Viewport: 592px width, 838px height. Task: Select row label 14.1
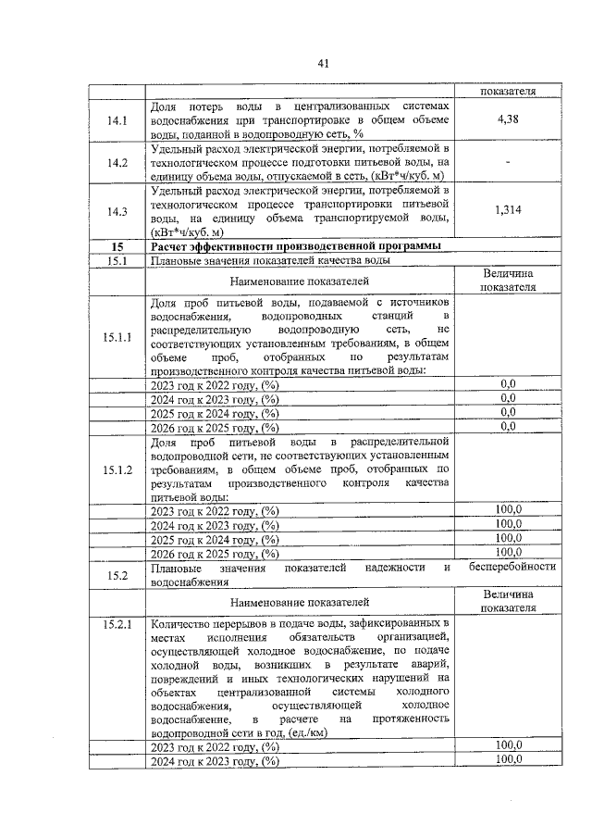click(117, 120)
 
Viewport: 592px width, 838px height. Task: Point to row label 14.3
click(117, 211)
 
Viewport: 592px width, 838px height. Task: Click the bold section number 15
click(117, 246)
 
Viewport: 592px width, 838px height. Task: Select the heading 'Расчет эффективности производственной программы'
click(295, 246)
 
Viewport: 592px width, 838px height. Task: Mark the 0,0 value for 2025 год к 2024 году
click(508, 412)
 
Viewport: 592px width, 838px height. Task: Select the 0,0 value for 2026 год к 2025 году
click(508, 427)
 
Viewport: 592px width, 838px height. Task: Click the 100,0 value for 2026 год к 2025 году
click(508, 553)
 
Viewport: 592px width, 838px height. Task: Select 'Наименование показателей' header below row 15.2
click(300, 602)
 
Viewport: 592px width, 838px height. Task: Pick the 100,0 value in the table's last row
click(508, 760)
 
